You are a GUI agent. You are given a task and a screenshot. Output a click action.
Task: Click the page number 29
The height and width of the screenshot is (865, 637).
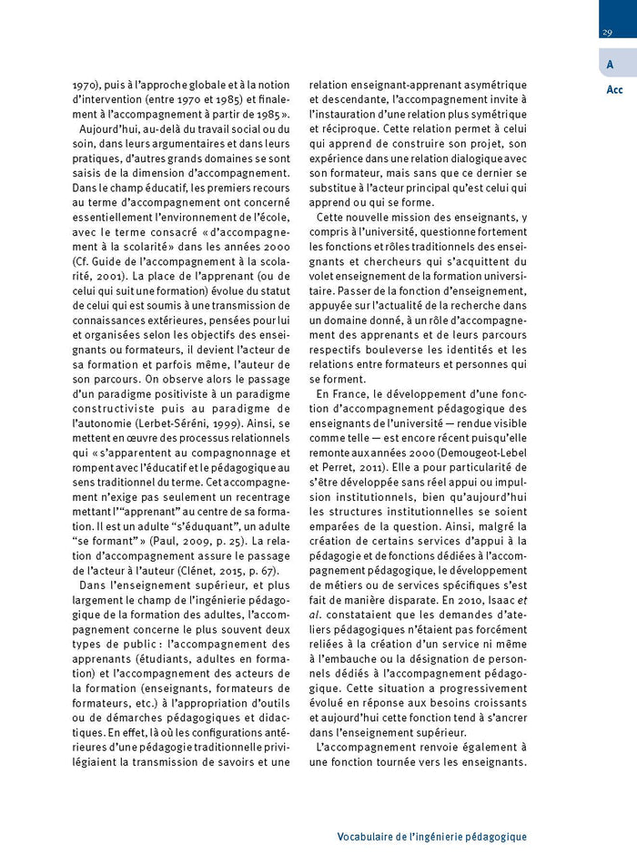coord(606,34)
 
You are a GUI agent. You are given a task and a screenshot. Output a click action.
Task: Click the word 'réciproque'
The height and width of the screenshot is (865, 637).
coord(340,128)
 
